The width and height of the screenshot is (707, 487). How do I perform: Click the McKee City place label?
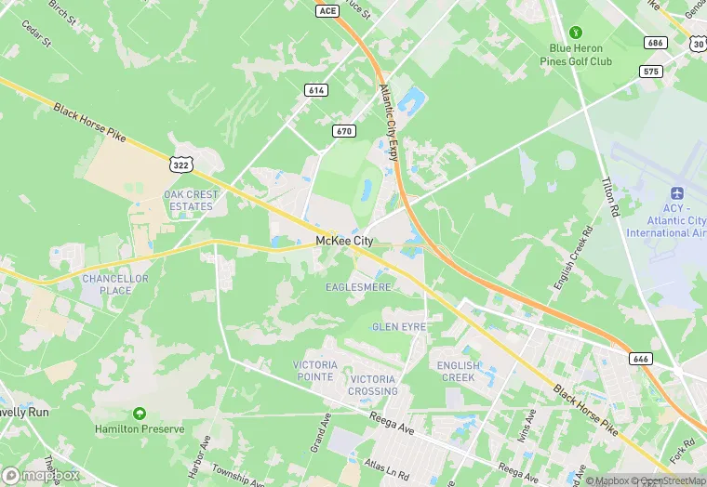344,241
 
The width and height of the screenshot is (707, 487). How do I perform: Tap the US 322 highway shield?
181,164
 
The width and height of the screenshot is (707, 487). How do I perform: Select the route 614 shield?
315,89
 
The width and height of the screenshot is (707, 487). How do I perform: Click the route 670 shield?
344,131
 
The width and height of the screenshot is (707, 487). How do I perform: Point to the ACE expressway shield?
327,10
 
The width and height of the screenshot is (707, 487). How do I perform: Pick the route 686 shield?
655,43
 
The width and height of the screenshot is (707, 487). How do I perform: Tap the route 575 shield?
651,71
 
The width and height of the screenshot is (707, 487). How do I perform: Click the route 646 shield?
640,359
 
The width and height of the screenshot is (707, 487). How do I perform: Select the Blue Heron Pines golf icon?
575,33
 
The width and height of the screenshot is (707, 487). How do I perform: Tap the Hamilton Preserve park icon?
140,413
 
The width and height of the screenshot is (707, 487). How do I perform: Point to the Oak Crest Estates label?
192,201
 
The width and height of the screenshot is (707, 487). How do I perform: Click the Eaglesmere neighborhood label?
358,288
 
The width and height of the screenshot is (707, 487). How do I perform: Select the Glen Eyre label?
399,327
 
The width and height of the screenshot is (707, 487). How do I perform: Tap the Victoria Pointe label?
313,371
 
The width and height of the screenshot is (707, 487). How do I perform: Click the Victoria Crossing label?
373,385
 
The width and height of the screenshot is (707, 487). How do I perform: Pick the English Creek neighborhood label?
459,372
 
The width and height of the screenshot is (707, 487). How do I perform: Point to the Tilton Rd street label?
610,197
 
